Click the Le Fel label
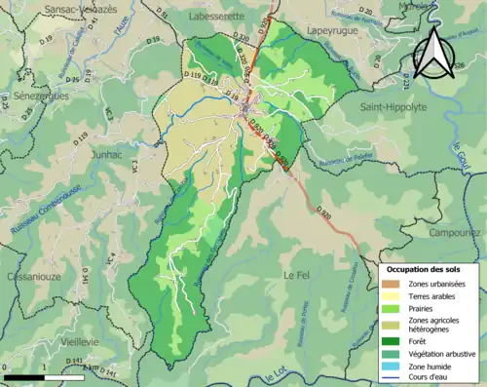click(296, 276)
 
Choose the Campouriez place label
click(456, 234)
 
